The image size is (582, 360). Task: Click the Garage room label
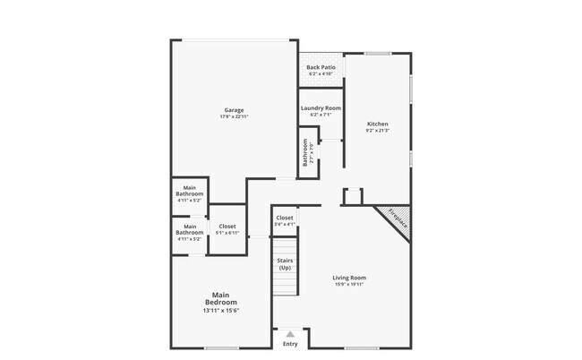click(234, 110)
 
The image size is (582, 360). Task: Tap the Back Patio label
click(321, 68)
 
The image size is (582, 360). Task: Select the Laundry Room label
click(321, 108)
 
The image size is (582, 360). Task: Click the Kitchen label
click(378, 124)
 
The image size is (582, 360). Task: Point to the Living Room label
click(349, 278)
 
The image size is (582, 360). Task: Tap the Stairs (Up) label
click(285, 264)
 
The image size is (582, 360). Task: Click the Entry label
click(290, 344)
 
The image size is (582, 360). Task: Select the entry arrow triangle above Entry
click(290, 333)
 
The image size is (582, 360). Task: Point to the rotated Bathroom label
click(306, 153)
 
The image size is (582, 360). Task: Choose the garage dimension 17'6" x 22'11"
click(234, 117)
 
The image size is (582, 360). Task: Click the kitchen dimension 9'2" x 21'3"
click(378, 131)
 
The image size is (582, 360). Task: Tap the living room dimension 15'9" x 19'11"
click(349, 285)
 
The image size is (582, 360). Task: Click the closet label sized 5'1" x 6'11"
click(227, 227)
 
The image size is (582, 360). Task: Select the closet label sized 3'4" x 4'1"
click(285, 218)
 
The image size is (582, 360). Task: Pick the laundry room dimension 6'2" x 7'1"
click(321, 115)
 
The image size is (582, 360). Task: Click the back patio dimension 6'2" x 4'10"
click(321, 73)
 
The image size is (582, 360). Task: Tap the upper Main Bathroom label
click(190, 191)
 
